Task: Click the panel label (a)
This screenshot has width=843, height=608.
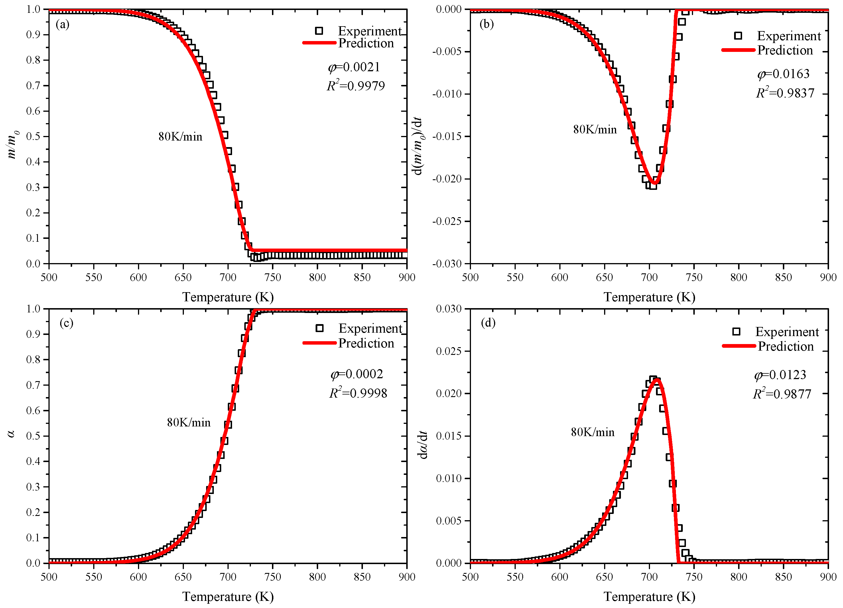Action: (62, 25)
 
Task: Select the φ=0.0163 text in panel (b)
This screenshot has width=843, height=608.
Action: (783, 74)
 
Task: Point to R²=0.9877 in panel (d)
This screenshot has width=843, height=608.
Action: (782, 394)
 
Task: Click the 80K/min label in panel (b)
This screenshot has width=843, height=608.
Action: (595, 129)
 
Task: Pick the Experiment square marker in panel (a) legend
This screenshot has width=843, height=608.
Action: (318, 31)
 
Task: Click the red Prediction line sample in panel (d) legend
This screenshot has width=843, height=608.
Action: (739, 346)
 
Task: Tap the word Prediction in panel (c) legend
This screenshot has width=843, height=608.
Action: (366, 343)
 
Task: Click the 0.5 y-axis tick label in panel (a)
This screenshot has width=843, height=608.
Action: (33, 136)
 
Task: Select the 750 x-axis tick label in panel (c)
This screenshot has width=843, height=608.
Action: (273, 577)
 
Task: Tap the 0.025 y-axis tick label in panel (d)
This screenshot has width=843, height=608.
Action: (449, 351)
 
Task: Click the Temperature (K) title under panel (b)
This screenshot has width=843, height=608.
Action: (649, 297)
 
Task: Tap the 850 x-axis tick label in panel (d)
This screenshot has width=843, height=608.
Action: (783, 577)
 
